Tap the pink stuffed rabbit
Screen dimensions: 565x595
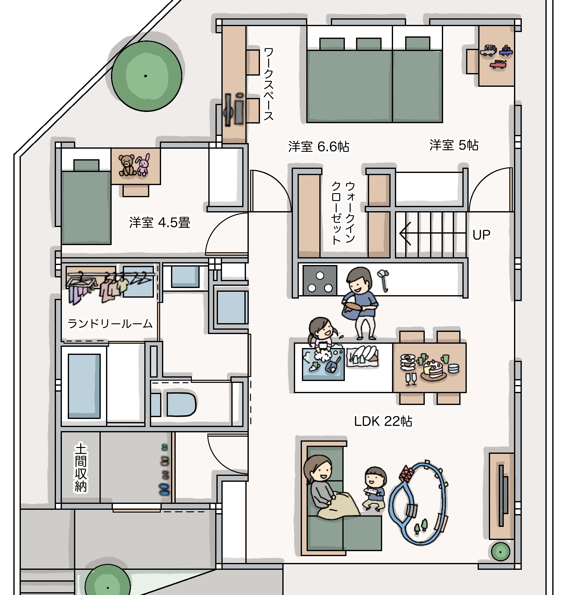click(143, 165)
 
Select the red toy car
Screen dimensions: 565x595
click(498, 64)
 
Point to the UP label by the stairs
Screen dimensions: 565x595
click(481, 235)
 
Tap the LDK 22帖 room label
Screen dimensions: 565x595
click(383, 421)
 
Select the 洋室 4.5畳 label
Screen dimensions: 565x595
click(160, 223)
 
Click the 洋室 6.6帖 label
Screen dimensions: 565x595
click(319, 146)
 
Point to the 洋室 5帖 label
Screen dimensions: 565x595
click(454, 145)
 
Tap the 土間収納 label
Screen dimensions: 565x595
click(81, 468)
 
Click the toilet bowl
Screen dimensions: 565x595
click(181, 404)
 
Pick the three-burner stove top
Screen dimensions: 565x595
click(320, 280)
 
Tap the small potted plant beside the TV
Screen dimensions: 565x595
click(501, 552)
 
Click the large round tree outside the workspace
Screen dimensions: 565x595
click(146, 76)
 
